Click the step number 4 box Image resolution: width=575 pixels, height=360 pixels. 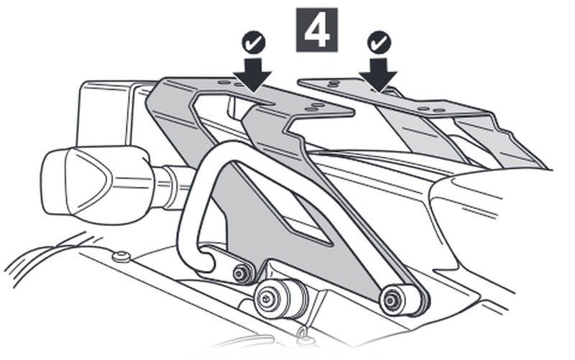coord(317,30)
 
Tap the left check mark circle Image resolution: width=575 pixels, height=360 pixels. coord(254,43)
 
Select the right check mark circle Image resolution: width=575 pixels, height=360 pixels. coord(379,43)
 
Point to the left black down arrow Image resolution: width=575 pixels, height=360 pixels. coord(253,75)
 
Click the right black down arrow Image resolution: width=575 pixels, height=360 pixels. coord(378,75)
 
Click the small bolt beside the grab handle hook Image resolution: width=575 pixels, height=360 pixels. coord(241,274)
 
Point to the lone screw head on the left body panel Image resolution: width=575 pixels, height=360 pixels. coord(121,257)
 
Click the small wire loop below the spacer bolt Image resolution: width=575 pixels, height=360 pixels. coord(304,334)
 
